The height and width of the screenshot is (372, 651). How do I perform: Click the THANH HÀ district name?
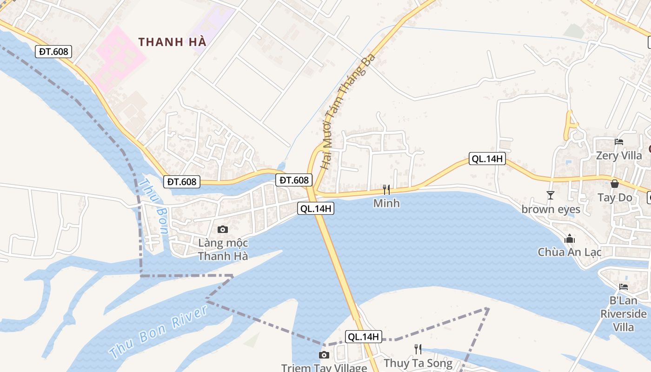tap(172, 42)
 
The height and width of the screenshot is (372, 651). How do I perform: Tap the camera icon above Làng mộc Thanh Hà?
tap(223, 229)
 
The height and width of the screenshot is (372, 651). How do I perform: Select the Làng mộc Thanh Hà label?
tap(223, 250)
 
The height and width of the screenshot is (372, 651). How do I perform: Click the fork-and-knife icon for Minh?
tap(386, 189)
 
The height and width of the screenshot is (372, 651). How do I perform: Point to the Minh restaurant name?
tap(386, 203)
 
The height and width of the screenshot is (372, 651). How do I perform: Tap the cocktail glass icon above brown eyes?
tap(551, 195)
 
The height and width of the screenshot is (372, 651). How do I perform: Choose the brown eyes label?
tap(551, 209)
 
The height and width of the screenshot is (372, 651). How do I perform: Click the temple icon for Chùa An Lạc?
tap(570, 239)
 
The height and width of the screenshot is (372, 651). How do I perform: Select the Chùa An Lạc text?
tap(570, 252)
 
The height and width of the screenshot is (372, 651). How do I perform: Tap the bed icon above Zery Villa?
tap(619, 142)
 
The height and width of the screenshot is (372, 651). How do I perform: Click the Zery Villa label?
tap(619, 155)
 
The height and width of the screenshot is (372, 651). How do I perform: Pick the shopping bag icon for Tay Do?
tap(615, 184)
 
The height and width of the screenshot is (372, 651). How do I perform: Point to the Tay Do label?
tap(615, 198)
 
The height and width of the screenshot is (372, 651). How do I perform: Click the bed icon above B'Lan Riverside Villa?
tap(624, 286)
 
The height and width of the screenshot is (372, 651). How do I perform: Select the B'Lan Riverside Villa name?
tap(624, 314)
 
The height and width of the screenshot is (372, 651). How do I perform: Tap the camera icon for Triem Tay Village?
tap(324, 355)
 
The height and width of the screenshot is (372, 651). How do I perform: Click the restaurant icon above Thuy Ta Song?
tap(418, 349)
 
